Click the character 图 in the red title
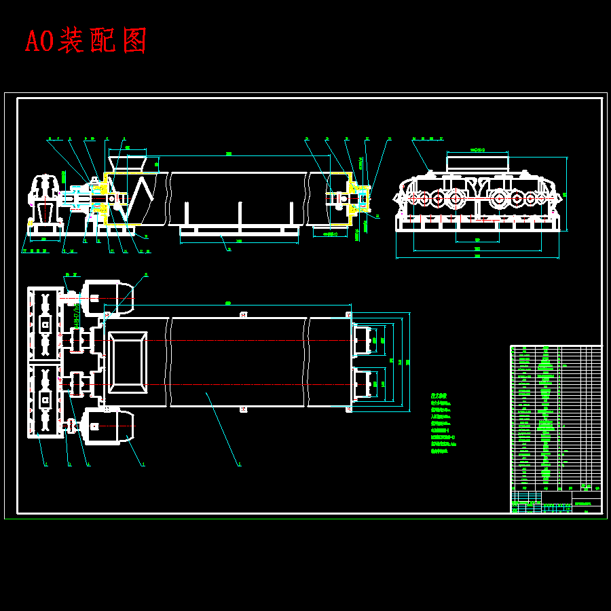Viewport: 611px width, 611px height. [135, 41]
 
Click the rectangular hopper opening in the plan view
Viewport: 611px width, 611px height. [127, 362]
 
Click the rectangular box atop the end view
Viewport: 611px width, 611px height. [477, 163]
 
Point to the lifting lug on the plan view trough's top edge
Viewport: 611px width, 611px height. [244, 314]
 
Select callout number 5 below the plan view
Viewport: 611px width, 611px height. [239, 465]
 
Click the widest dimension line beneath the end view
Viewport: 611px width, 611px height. [477, 258]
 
